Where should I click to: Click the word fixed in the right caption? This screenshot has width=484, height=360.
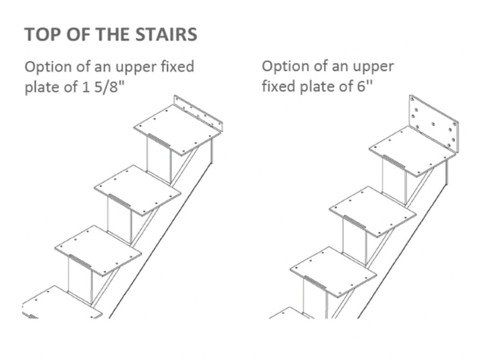coord(279,88)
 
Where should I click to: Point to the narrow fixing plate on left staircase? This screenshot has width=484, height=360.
coord(199,112)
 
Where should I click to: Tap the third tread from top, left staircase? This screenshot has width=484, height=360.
coord(98,249)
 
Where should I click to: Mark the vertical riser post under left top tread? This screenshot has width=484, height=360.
coord(158,161)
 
